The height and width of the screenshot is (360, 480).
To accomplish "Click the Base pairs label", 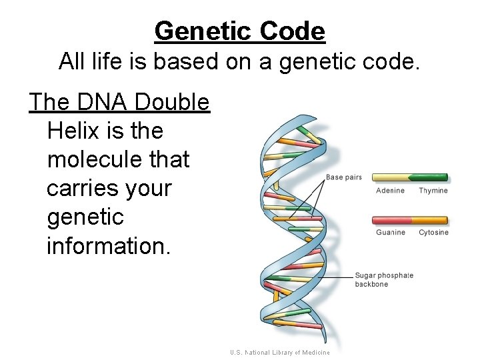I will (343, 177).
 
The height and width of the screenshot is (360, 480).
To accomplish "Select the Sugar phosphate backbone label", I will (383, 279).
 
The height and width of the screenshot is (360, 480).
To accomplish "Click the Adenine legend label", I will (390, 191).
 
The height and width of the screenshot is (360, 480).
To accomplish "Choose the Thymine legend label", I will (433, 191).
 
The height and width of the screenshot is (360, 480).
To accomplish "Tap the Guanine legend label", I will (390, 233).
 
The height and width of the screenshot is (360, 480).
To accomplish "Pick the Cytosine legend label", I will (433, 233).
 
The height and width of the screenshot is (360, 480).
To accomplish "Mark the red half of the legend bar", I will (391, 220).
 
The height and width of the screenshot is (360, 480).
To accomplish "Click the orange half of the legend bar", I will (429, 220).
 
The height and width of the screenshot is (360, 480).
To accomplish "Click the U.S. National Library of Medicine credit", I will (280, 353).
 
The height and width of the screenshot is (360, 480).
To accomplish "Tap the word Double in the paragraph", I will (172, 102).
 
